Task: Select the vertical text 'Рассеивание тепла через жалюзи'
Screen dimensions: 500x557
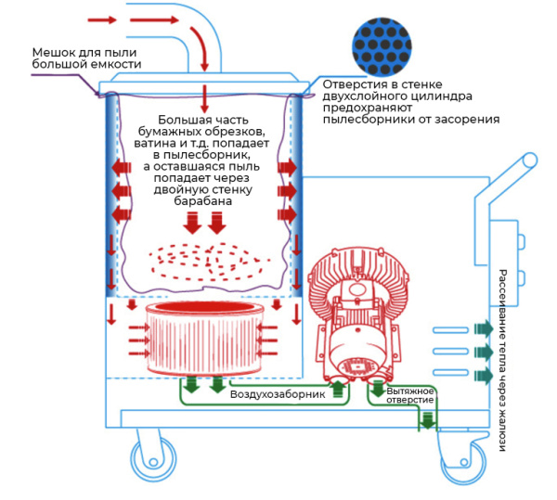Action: tap(502, 360)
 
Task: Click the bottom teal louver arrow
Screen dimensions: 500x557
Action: tap(485, 375)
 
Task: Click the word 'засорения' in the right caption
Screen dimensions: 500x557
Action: tap(463, 120)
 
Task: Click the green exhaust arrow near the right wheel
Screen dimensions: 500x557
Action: tap(426, 421)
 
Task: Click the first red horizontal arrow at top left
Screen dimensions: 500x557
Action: tap(100, 19)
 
